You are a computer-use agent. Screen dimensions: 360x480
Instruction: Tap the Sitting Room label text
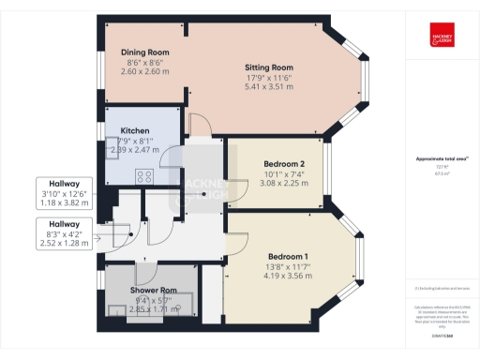tap(268, 68)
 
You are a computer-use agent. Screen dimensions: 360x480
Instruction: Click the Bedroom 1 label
tap(288, 256)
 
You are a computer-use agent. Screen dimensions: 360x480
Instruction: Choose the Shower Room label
tap(154, 290)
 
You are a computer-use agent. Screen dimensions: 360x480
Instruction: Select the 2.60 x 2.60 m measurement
tap(145, 71)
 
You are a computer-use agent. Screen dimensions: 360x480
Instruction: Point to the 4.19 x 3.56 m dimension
tap(288, 276)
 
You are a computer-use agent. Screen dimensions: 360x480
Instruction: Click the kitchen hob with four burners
tap(146, 174)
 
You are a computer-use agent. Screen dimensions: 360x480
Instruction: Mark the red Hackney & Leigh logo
tap(442, 30)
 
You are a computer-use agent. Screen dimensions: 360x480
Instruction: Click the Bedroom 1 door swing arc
tap(235, 246)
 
